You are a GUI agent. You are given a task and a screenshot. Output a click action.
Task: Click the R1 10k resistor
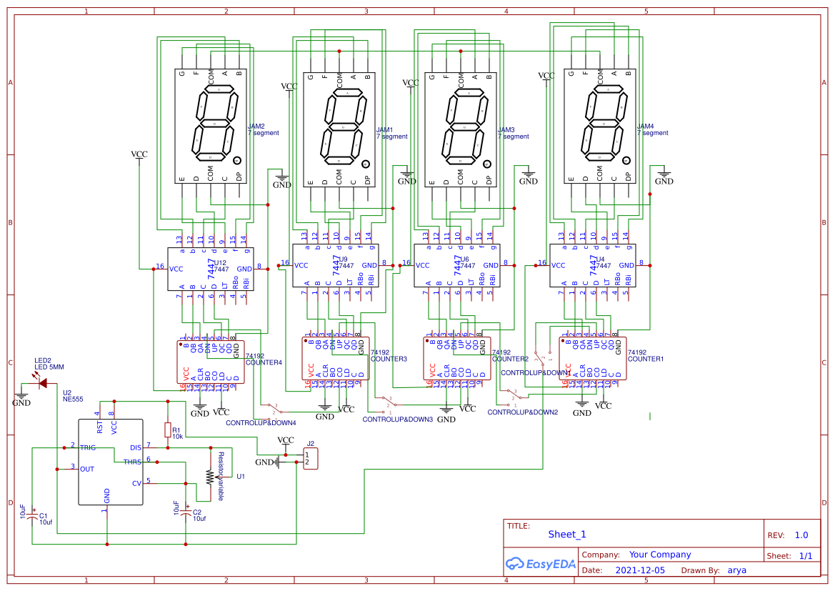pos(168,430)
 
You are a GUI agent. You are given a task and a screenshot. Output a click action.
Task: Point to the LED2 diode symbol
pos(43,384)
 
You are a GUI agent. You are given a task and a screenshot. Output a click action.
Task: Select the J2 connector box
pos(310,458)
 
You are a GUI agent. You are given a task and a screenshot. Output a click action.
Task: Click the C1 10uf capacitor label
pos(46,519)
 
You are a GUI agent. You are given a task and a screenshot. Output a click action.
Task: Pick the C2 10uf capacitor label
pos(199,515)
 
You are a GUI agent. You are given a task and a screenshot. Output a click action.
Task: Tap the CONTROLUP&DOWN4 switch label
pos(261,422)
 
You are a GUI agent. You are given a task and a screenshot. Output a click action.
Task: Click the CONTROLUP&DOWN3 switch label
pos(397,419)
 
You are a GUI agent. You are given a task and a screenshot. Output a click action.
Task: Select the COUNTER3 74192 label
pos(389,356)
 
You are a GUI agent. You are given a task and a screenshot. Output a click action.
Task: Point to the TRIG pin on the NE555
pos(88,447)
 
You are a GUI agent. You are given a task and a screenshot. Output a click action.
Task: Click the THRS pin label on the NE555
pos(132,462)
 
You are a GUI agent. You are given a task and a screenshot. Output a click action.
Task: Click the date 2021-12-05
pos(639,570)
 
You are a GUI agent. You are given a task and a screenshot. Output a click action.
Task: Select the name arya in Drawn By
pos(736,570)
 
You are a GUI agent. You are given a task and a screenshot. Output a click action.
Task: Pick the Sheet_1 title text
pos(567,534)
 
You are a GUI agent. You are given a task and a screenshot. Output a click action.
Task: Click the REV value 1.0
pos(801,535)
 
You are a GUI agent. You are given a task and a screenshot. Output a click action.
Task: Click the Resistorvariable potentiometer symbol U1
pos(209,476)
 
